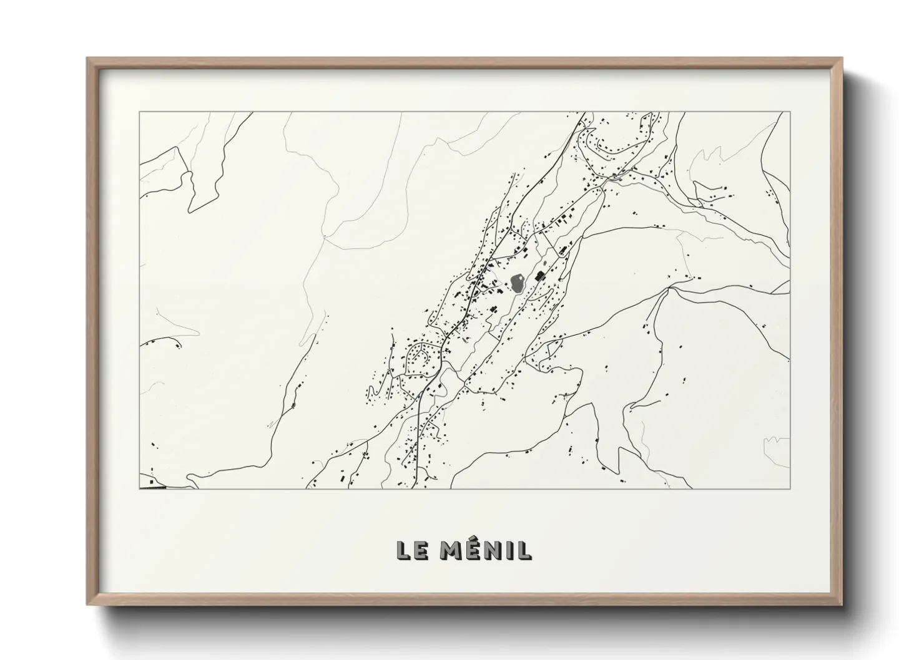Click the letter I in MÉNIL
pyautogui.click(x=509, y=550)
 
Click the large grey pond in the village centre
pyautogui.click(x=518, y=284)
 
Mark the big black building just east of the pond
pyautogui.click(x=538, y=276)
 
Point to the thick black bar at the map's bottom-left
pyautogui.click(x=153, y=487)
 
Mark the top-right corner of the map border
pyautogui.click(x=789, y=112)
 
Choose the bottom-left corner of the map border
pyautogui.click(x=139, y=488)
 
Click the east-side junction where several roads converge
pyautogui.click(x=669, y=289)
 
